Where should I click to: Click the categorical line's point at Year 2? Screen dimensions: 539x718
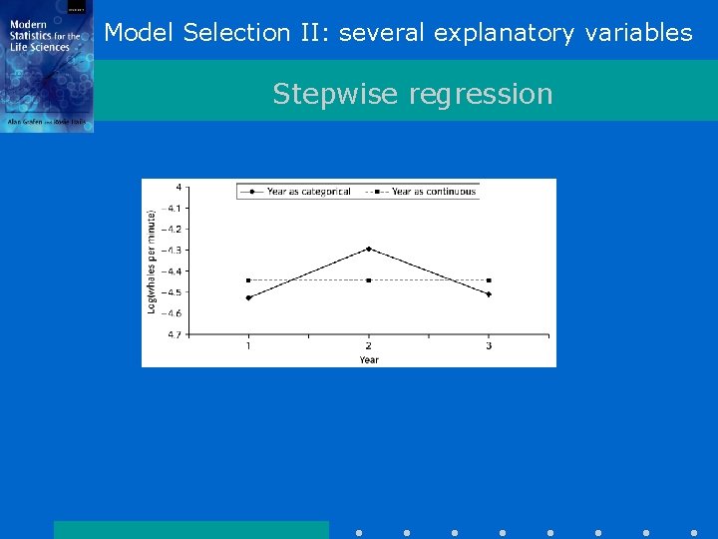tap(369, 249)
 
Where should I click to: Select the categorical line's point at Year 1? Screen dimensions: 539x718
tap(248, 297)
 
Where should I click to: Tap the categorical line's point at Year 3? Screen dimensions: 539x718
tap(489, 294)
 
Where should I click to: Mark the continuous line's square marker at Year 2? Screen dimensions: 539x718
tap(369, 280)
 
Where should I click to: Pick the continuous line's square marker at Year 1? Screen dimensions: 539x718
tap(248, 280)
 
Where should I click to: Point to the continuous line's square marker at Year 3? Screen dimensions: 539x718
tap(489, 280)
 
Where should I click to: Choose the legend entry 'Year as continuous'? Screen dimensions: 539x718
tap(433, 192)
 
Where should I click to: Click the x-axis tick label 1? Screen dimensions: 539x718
tap(248, 346)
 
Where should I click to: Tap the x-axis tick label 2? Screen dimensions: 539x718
tap(369, 346)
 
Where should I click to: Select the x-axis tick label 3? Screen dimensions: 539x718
tap(489, 346)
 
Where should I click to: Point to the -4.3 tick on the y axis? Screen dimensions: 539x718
tap(175, 250)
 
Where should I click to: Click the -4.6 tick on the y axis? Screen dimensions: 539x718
tap(175, 313)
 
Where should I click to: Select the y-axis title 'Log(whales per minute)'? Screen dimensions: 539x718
tap(152, 262)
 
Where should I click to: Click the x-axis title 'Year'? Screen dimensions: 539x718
tap(369, 359)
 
